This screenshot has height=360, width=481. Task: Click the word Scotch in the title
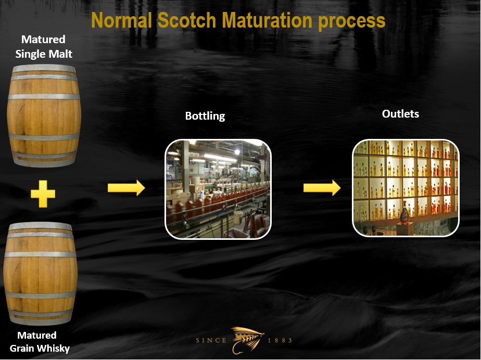[x=186, y=20]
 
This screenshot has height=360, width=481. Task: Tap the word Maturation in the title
[x=267, y=20]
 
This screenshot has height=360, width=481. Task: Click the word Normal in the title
[x=121, y=20]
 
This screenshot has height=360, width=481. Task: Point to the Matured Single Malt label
[x=44, y=47]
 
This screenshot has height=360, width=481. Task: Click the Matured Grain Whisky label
[x=40, y=342]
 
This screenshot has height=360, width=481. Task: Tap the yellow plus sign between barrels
[x=43, y=194]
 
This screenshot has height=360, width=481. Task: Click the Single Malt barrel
[x=44, y=115]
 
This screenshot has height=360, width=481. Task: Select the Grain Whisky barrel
[x=40, y=274]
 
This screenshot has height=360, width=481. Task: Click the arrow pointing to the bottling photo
[x=126, y=188]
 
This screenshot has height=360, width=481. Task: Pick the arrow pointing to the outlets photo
[x=322, y=188]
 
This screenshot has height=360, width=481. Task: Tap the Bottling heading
[x=205, y=116]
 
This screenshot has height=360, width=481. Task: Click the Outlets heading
[x=400, y=114]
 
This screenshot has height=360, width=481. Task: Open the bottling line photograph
[x=218, y=189]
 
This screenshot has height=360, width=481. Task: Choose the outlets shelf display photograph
[x=406, y=188]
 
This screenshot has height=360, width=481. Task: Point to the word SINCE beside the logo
[x=211, y=340]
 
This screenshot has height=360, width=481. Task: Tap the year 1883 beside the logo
[x=280, y=340]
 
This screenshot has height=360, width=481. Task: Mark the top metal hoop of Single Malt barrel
[x=44, y=68]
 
